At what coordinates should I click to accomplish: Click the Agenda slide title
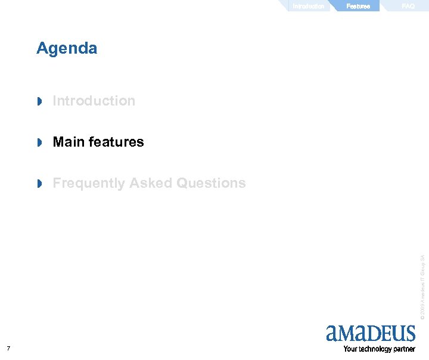point(67,48)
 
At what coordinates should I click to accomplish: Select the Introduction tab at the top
point(308,6)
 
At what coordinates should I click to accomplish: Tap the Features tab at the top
point(358,6)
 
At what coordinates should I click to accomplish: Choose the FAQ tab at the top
point(408,6)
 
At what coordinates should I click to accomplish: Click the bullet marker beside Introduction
point(40,102)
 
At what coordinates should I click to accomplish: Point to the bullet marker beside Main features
point(40,143)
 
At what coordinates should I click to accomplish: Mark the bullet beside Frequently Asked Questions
point(40,184)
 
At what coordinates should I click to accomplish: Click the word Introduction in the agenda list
point(94,101)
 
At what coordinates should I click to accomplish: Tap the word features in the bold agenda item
point(116,142)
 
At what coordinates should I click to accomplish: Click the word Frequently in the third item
point(89,184)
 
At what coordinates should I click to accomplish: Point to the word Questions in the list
point(212,183)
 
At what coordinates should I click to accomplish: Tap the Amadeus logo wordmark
point(370,333)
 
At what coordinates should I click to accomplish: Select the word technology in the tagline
point(377,349)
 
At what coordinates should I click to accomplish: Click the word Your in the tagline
point(350,349)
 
